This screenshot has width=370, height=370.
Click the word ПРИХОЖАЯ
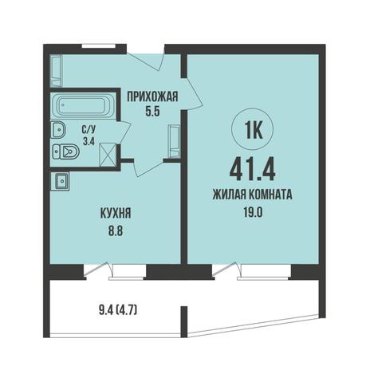(x=152, y=96)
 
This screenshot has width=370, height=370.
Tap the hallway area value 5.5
(x=152, y=112)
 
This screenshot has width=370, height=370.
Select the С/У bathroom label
(x=89, y=129)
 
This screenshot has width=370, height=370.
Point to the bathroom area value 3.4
(x=89, y=141)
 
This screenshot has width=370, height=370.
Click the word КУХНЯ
(x=116, y=213)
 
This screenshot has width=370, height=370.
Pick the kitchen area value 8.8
(x=116, y=231)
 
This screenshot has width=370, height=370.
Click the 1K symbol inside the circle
(x=253, y=131)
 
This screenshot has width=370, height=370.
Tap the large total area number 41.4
(x=253, y=171)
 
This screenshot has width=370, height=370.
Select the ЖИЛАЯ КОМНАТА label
(x=253, y=195)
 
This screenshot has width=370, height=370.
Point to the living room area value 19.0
(x=253, y=212)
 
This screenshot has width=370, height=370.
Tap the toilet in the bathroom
(x=65, y=152)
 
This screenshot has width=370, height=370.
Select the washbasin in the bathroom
(x=58, y=129)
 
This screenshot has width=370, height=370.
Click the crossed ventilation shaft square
(x=108, y=155)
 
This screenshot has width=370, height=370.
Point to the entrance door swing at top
(x=146, y=61)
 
